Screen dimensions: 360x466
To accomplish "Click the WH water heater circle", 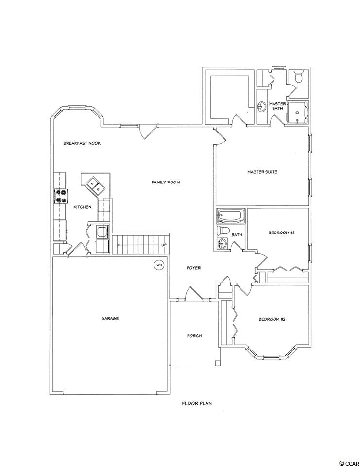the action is [x=159, y=265].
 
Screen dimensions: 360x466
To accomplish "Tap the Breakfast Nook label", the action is [x=82, y=143].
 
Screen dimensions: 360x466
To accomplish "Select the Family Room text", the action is [x=166, y=182].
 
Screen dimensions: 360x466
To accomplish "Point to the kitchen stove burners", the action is [x=61, y=197].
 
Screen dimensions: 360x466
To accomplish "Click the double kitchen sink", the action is [x=95, y=185].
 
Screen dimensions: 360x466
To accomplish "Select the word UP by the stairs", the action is [x=164, y=245].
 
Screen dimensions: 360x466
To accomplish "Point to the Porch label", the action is [x=194, y=336].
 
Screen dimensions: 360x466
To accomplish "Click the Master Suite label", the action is [x=262, y=172].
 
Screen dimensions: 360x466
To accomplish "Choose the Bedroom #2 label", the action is [x=272, y=319].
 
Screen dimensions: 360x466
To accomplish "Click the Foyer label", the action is [x=194, y=268].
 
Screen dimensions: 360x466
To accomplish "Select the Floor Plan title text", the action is [x=197, y=403].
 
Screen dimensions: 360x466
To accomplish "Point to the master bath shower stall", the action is [x=297, y=112].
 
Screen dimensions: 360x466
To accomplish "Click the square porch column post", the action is [x=218, y=363].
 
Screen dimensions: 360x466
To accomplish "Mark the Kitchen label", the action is [x=83, y=207].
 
